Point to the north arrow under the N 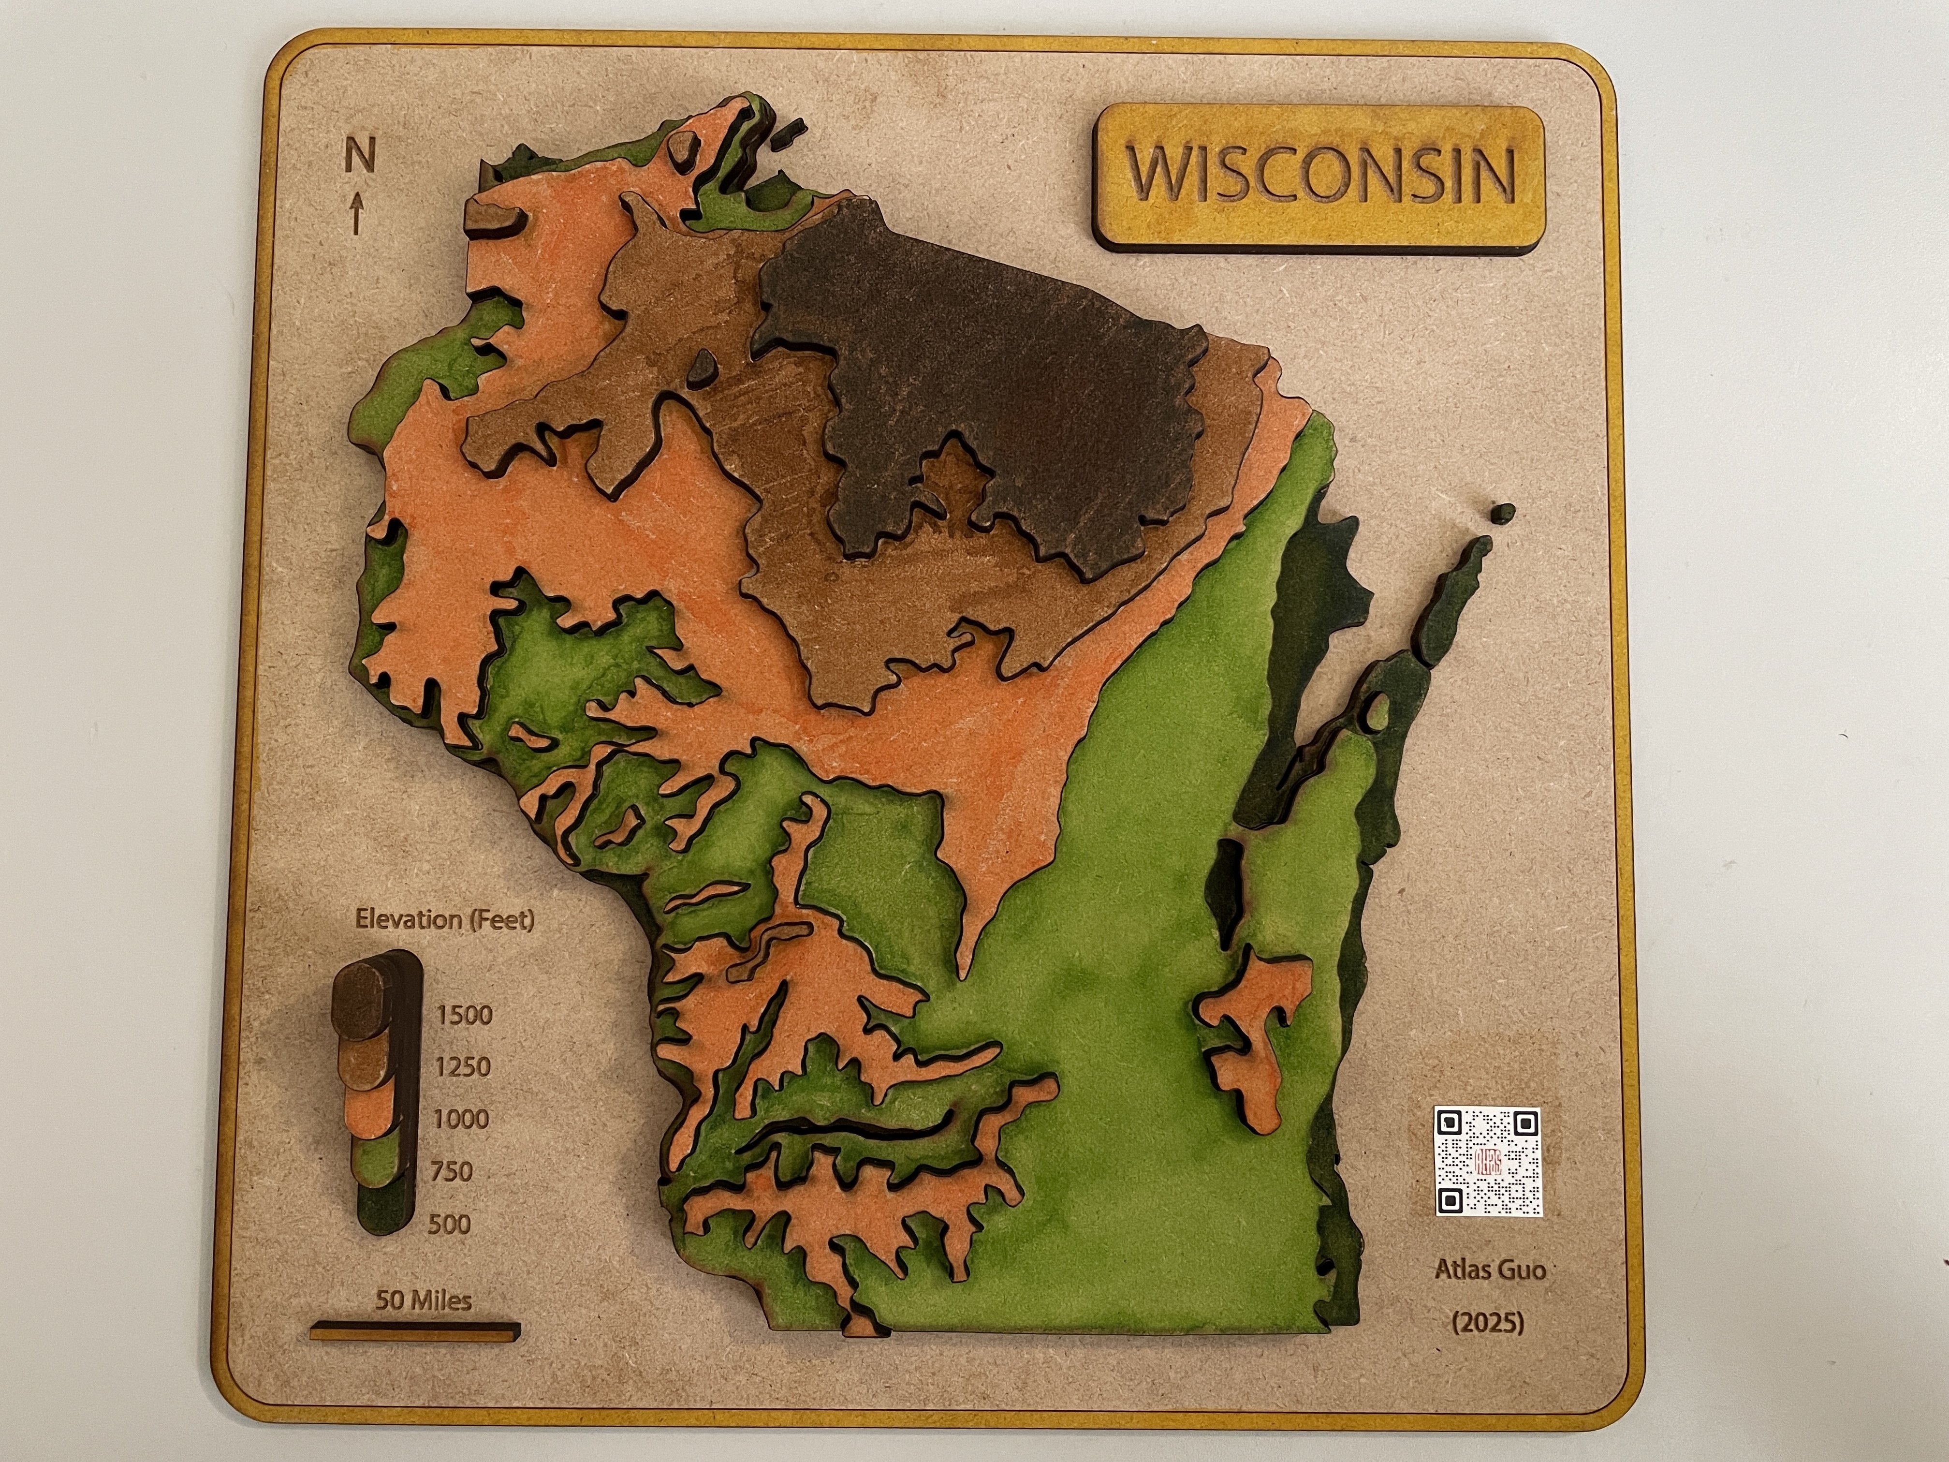pyautogui.click(x=357, y=213)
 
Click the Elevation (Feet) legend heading pyautogui.click(x=445, y=920)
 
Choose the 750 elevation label pyautogui.click(x=451, y=1172)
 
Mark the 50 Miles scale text pyautogui.click(x=424, y=1300)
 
